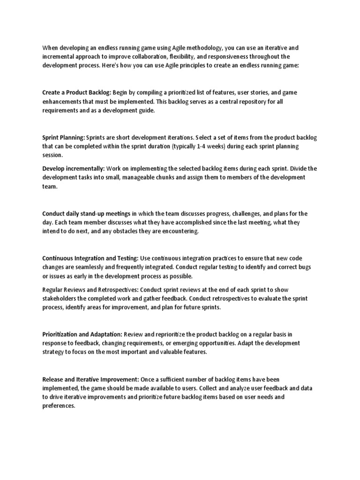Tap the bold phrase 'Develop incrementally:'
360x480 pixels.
coord(74,168)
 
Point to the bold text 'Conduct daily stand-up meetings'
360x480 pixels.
coord(86,213)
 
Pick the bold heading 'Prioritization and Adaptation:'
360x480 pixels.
coord(82,334)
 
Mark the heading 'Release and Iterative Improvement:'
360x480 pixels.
coord(91,379)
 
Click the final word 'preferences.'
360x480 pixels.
coord(59,406)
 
